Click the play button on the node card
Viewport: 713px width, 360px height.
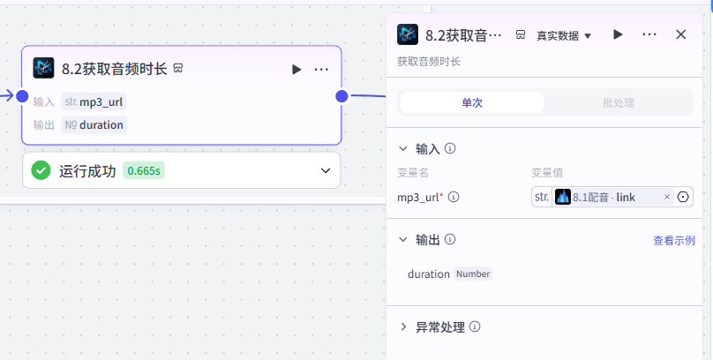[x=296, y=70]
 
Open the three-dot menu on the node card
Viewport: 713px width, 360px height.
[x=321, y=70]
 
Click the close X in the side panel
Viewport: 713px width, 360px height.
[x=680, y=34]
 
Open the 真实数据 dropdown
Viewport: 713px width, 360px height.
[x=564, y=35]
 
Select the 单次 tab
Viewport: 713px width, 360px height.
[x=471, y=102]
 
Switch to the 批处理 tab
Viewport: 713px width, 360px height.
[x=618, y=102]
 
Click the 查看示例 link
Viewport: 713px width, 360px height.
[x=674, y=241]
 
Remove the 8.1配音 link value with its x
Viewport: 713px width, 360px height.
[x=667, y=197]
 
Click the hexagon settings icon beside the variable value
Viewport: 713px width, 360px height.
[x=683, y=197]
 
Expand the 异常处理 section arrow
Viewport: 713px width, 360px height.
[x=403, y=326]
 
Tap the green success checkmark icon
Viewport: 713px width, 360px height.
[x=41, y=170]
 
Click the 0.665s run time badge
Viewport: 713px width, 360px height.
[x=144, y=171]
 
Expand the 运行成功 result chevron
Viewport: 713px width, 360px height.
[x=326, y=171]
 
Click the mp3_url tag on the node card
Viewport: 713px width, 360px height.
[x=94, y=101]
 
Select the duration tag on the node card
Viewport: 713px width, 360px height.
[x=94, y=125]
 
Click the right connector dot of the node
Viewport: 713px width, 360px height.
[x=341, y=96]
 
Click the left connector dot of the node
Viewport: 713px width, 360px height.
[x=22, y=96]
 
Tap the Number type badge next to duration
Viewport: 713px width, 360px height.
[x=473, y=274]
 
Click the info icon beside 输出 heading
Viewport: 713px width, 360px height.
[x=450, y=239]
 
